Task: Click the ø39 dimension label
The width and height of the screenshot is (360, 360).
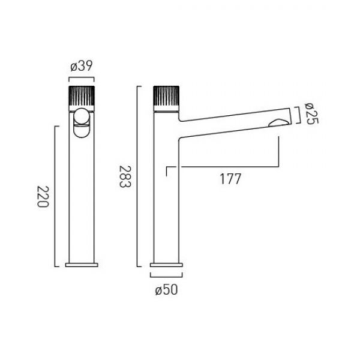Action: (x=82, y=66)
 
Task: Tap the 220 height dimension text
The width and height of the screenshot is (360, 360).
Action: (x=43, y=197)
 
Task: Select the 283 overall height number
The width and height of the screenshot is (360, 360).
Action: (x=125, y=176)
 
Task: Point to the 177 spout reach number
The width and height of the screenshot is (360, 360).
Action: (x=230, y=179)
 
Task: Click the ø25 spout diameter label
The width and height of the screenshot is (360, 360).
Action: (x=311, y=113)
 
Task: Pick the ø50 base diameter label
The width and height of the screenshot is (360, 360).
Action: (x=166, y=290)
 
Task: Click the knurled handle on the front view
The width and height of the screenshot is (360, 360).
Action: (x=82, y=96)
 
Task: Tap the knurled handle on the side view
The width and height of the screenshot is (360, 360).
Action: (x=166, y=96)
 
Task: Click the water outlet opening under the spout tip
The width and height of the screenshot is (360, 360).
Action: (x=278, y=123)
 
